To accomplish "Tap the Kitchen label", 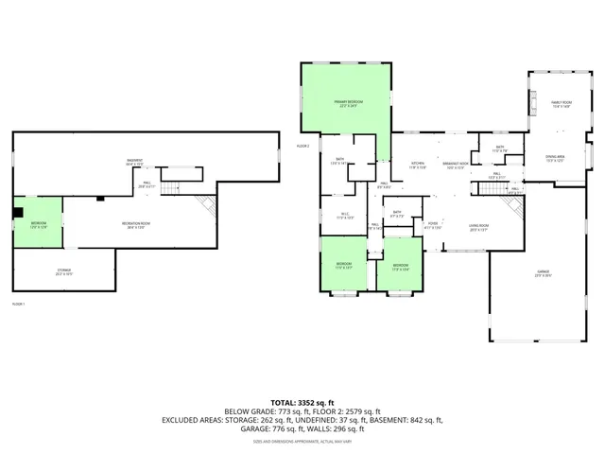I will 418,166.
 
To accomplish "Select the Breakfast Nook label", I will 455,166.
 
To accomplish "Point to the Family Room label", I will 562,104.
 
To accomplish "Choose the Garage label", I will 544,273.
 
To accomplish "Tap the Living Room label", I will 478,227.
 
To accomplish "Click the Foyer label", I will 432,227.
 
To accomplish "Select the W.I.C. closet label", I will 345,216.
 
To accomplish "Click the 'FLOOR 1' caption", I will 18,304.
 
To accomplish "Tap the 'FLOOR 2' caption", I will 302,146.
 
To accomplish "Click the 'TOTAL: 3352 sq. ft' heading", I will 302,403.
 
